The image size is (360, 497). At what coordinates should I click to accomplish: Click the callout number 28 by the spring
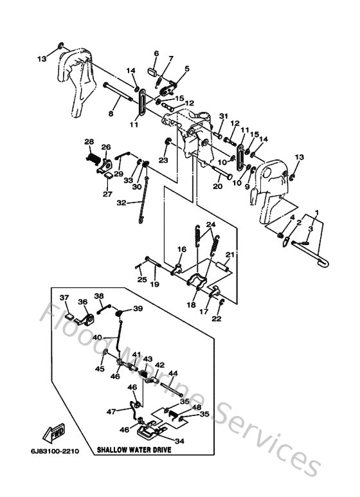click(89, 141)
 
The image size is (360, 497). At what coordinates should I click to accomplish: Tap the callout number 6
click(156, 53)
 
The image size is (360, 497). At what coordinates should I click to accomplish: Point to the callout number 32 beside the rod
click(120, 202)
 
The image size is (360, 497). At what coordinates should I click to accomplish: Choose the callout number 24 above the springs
click(210, 224)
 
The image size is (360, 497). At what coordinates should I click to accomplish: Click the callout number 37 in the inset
click(64, 297)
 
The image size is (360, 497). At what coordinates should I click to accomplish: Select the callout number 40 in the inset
click(96, 337)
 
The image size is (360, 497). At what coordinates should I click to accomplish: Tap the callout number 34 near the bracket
click(179, 441)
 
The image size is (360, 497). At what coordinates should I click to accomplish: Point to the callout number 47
click(111, 411)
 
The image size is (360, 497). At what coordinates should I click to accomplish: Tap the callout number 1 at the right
click(316, 213)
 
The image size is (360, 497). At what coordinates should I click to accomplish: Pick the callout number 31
click(205, 116)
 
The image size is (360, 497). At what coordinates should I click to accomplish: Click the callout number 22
click(217, 318)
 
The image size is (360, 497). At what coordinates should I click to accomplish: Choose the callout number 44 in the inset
click(173, 373)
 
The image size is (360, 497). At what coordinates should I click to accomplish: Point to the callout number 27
click(107, 193)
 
